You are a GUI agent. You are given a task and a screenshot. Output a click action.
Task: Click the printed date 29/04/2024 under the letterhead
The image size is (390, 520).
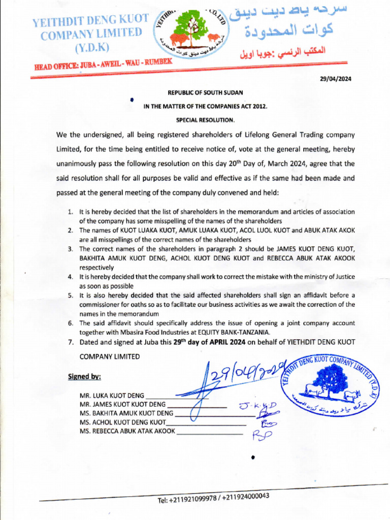pos(335,79)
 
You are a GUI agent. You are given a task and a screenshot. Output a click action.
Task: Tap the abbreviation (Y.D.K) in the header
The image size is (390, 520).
pos(92,48)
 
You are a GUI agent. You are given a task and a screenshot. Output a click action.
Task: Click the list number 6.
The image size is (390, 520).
pos(71,323)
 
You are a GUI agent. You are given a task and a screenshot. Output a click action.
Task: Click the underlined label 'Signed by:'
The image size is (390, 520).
pos(84,377)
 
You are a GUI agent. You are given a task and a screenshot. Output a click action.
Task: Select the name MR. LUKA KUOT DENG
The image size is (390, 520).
pos(112,395)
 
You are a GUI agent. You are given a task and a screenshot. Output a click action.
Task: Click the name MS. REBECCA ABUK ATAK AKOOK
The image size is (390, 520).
pos(127,431)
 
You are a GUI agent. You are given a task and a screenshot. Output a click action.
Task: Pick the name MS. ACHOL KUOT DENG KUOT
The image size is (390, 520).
pos(122,422)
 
